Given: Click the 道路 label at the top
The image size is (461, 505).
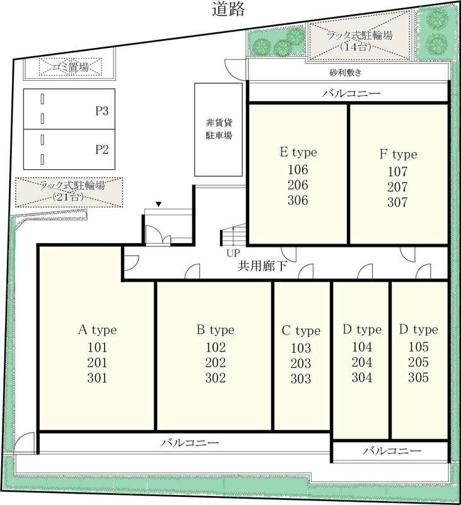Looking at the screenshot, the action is click(x=228, y=9).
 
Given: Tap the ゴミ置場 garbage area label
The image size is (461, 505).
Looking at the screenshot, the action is click(x=71, y=67).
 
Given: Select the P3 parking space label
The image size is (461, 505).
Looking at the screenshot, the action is click(x=102, y=111).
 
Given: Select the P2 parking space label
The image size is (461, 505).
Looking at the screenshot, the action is click(x=102, y=150).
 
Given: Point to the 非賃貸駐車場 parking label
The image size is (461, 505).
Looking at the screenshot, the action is click(x=219, y=129).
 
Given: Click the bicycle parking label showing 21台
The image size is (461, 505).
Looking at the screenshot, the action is click(x=72, y=191).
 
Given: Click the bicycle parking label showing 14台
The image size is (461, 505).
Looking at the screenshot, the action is click(x=359, y=41).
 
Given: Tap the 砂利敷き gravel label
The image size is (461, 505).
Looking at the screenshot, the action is click(x=346, y=73).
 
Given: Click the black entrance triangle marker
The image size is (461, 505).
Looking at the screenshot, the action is click(x=158, y=204).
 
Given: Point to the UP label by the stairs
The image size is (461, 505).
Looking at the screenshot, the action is click(x=233, y=253).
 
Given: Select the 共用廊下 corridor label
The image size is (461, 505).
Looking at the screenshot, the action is click(x=262, y=266).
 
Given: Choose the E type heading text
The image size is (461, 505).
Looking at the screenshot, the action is click(x=298, y=152).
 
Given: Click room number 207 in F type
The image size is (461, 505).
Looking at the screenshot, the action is click(x=398, y=187).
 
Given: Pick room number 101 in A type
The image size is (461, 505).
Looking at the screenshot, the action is click(x=97, y=347).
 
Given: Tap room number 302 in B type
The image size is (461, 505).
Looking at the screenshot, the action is click(x=216, y=377).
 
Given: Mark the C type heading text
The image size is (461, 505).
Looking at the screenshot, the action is click(x=301, y=331).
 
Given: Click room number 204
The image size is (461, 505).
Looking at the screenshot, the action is click(x=362, y=362).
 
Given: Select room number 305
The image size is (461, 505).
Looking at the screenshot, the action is click(x=418, y=377).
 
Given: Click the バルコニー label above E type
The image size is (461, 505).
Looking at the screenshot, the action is click(x=351, y=93).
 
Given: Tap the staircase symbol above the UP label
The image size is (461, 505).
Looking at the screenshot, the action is click(x=233, y=235).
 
